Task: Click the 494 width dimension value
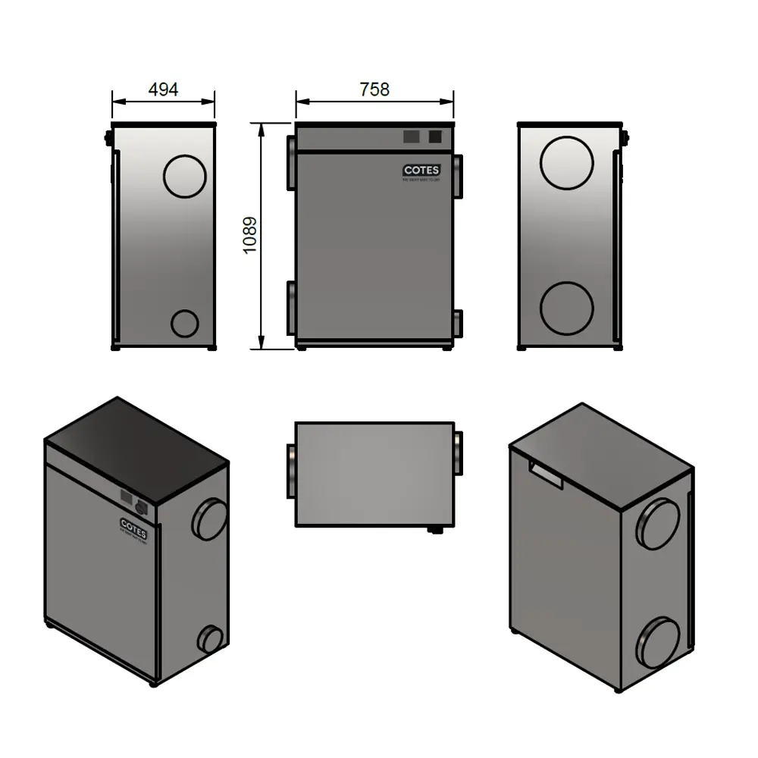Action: point(163,89)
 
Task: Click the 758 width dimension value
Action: point(374,89)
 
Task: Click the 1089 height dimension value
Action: point(250,236)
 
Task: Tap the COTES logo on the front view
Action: point(421,171)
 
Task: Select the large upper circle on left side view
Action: point(185,176)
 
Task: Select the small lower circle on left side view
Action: point(184,323)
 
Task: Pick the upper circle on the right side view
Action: point(568,162)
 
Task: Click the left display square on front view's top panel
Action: point(410,136)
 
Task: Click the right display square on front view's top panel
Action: point(435,136)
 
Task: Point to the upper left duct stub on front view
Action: point(291,163)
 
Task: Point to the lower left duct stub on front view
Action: point(291,307)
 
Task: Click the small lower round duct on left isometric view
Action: point(209,639)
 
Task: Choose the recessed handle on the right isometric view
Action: point(545,473)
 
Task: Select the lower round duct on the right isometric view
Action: point(657,642)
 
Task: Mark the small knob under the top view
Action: point(437,530)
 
